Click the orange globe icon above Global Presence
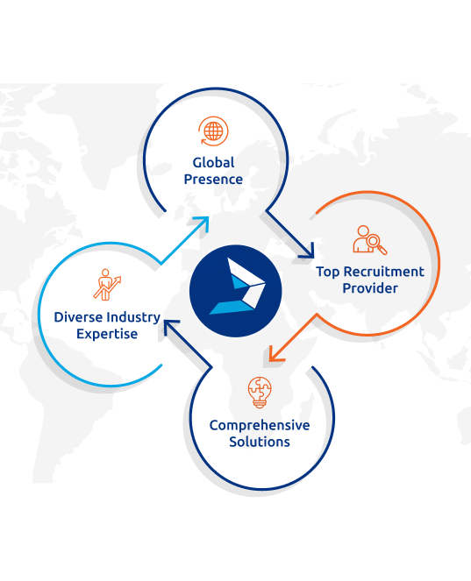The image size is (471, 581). [x=213, y=131]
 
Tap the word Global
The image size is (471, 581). [x=213, y=163]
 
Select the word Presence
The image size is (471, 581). [x=213, y=180]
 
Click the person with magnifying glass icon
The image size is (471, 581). [x=369, y=240]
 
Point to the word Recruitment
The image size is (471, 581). [x=384, y=272]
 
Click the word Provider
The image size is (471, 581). [x=370, y=288]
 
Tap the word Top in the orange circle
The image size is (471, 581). [x=328, y=273]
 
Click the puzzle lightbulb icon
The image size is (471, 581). [x=260, y=393]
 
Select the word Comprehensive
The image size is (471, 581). [x=260, y=425]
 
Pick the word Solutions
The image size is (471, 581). [x=260, y=442]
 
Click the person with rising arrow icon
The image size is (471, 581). [x=107, y=285]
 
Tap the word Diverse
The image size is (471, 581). [x=78, y=317]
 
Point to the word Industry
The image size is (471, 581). [x=133, y=318]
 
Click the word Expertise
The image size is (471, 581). [x=107, y=334]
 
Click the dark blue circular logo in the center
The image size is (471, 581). [x=235, y=291]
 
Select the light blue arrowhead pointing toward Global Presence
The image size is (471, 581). [x=203, y=223]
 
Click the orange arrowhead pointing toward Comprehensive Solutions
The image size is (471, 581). [x=275, y=355]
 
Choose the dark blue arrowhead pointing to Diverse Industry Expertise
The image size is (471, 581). [x=169, y=326]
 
